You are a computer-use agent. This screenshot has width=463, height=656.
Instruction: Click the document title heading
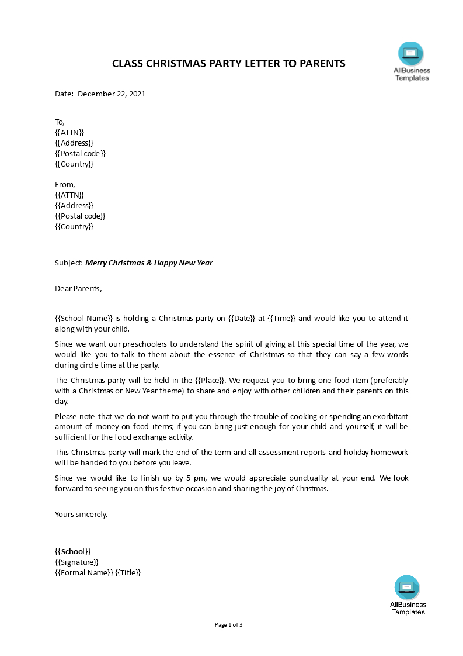[x=229, y=63]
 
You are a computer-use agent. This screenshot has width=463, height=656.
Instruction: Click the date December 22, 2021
[x=111, y=94]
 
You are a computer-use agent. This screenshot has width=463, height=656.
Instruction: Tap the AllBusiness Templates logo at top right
[x=411, y=61]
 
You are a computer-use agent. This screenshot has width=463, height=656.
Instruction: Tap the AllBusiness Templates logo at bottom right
[x=408, y=595]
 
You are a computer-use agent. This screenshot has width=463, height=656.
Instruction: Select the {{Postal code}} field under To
[x=80, y=153]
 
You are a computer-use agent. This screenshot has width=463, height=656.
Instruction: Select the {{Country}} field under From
[x=74, y=226]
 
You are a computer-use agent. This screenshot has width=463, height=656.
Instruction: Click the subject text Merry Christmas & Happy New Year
[x=149, y=263]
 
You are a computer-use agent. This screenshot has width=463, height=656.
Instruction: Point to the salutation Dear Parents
[x=78, y=288]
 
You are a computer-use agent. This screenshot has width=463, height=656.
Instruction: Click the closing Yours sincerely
[x=81, y=514]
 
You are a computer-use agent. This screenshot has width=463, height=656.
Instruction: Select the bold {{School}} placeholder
[x=72, y=551]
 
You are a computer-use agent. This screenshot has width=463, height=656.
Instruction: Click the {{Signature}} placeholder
[x=76, y=562]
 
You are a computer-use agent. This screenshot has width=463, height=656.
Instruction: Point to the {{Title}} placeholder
[x=128, y=572]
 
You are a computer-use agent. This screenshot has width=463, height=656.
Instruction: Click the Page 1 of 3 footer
[x=229, y=624]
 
